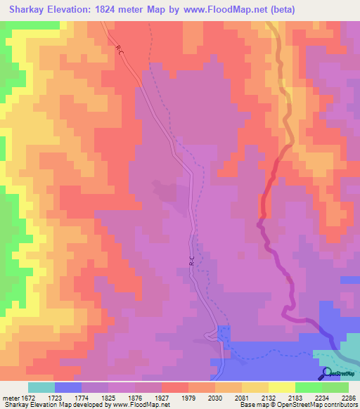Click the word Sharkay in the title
pos(29,10)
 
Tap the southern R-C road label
pos(191,261)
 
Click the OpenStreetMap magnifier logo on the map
pos(326,374)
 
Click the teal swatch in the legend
pos(41,387)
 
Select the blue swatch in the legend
pos(67,387)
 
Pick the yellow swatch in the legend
pos(281,387)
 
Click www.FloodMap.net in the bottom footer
pos(139,405)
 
